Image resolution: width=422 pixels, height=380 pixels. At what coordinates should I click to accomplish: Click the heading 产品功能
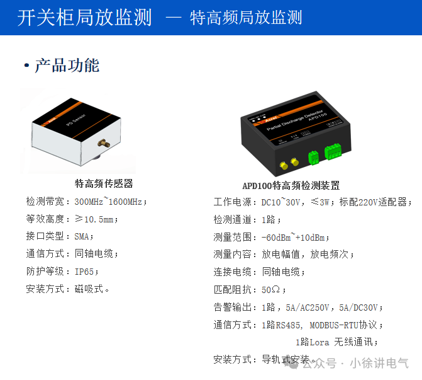point(67,66)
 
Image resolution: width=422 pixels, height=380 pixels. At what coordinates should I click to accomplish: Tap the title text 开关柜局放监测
point(84,18)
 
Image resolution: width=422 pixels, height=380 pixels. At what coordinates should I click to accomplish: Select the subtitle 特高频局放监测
point(246,18)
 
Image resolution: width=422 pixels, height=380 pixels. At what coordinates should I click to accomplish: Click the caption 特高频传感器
point(104,184)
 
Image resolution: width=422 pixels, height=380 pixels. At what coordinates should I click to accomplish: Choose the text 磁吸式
point(92,290)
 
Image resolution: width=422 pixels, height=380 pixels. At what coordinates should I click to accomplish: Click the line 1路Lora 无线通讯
point(336,342)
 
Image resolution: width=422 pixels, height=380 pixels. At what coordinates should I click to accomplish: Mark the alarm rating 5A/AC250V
point(308,308)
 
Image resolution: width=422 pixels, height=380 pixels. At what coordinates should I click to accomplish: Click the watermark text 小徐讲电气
point(379,364)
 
